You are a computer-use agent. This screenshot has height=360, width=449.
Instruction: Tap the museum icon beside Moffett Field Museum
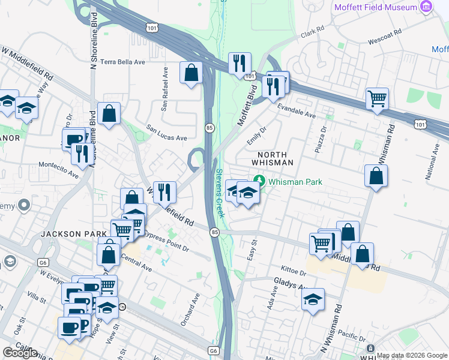(x=427, y=7)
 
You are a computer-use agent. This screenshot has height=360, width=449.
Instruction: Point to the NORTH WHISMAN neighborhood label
(x=272, y=158)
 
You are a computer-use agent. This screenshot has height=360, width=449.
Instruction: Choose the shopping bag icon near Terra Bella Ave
(x=191, y=73)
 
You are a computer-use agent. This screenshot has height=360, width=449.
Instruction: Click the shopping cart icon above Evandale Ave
(x=377, y=98)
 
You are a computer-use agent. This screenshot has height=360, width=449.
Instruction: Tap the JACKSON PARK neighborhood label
(x=65, y=233)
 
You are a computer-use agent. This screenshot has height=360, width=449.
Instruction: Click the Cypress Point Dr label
(x=166, y=239)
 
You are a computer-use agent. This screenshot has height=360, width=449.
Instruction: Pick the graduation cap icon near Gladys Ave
(x=313, y=299)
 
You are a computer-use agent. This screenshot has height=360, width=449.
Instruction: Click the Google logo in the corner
(x=20, y=352)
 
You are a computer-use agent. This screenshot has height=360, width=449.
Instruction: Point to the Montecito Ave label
(x=59, y=170)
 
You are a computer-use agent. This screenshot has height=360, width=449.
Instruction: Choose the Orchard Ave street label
(x=190, y=310)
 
